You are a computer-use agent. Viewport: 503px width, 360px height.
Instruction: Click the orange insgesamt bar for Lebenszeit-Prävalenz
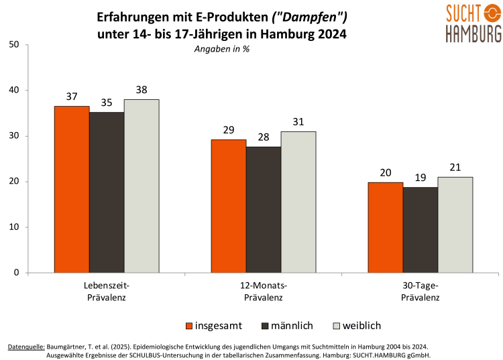coord(72,189)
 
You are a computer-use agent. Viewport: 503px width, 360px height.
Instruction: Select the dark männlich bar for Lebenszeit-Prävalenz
coord(107,192)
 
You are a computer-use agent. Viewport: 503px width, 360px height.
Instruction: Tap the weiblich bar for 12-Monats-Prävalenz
coord(298,202)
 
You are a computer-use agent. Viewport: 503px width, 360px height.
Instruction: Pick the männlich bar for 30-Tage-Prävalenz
coord(421,229)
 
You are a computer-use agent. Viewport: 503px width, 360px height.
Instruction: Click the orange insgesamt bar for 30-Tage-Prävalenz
coord(386,227)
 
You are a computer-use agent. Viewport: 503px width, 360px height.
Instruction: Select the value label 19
coord(421,178)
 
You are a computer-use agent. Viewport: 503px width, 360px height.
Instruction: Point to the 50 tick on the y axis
coord(14,45)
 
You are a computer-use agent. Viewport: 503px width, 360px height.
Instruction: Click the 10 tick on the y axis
coord(14,227)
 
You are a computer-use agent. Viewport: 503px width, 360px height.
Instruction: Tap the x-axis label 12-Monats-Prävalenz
coord(264,292)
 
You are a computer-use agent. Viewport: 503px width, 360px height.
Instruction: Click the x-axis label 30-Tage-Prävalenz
coord(421,292)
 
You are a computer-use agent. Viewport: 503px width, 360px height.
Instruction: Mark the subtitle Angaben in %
coord(221,50)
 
